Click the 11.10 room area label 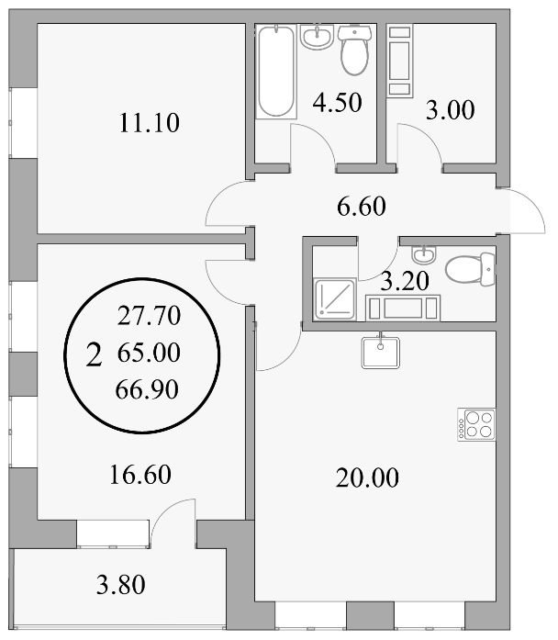[150, 123]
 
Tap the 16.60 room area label [140, 475]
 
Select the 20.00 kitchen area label [367, 478]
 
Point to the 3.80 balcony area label [121, 585]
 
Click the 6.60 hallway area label [362, 207]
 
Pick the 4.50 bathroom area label [338, 103]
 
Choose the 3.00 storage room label [451, 110]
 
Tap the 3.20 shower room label [405, 281]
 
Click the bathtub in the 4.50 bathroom [276, 72]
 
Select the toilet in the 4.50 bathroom [355, 50]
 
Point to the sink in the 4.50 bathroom [318, 37]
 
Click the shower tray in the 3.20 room [335, 299]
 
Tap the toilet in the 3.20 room [470, 269]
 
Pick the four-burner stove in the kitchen [476, 424]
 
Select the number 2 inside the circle [94, 354]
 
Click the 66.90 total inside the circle [147, 389]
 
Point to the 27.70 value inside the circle [150, 316]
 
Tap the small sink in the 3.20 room [424, 254]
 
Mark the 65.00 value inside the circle [149, 353]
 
